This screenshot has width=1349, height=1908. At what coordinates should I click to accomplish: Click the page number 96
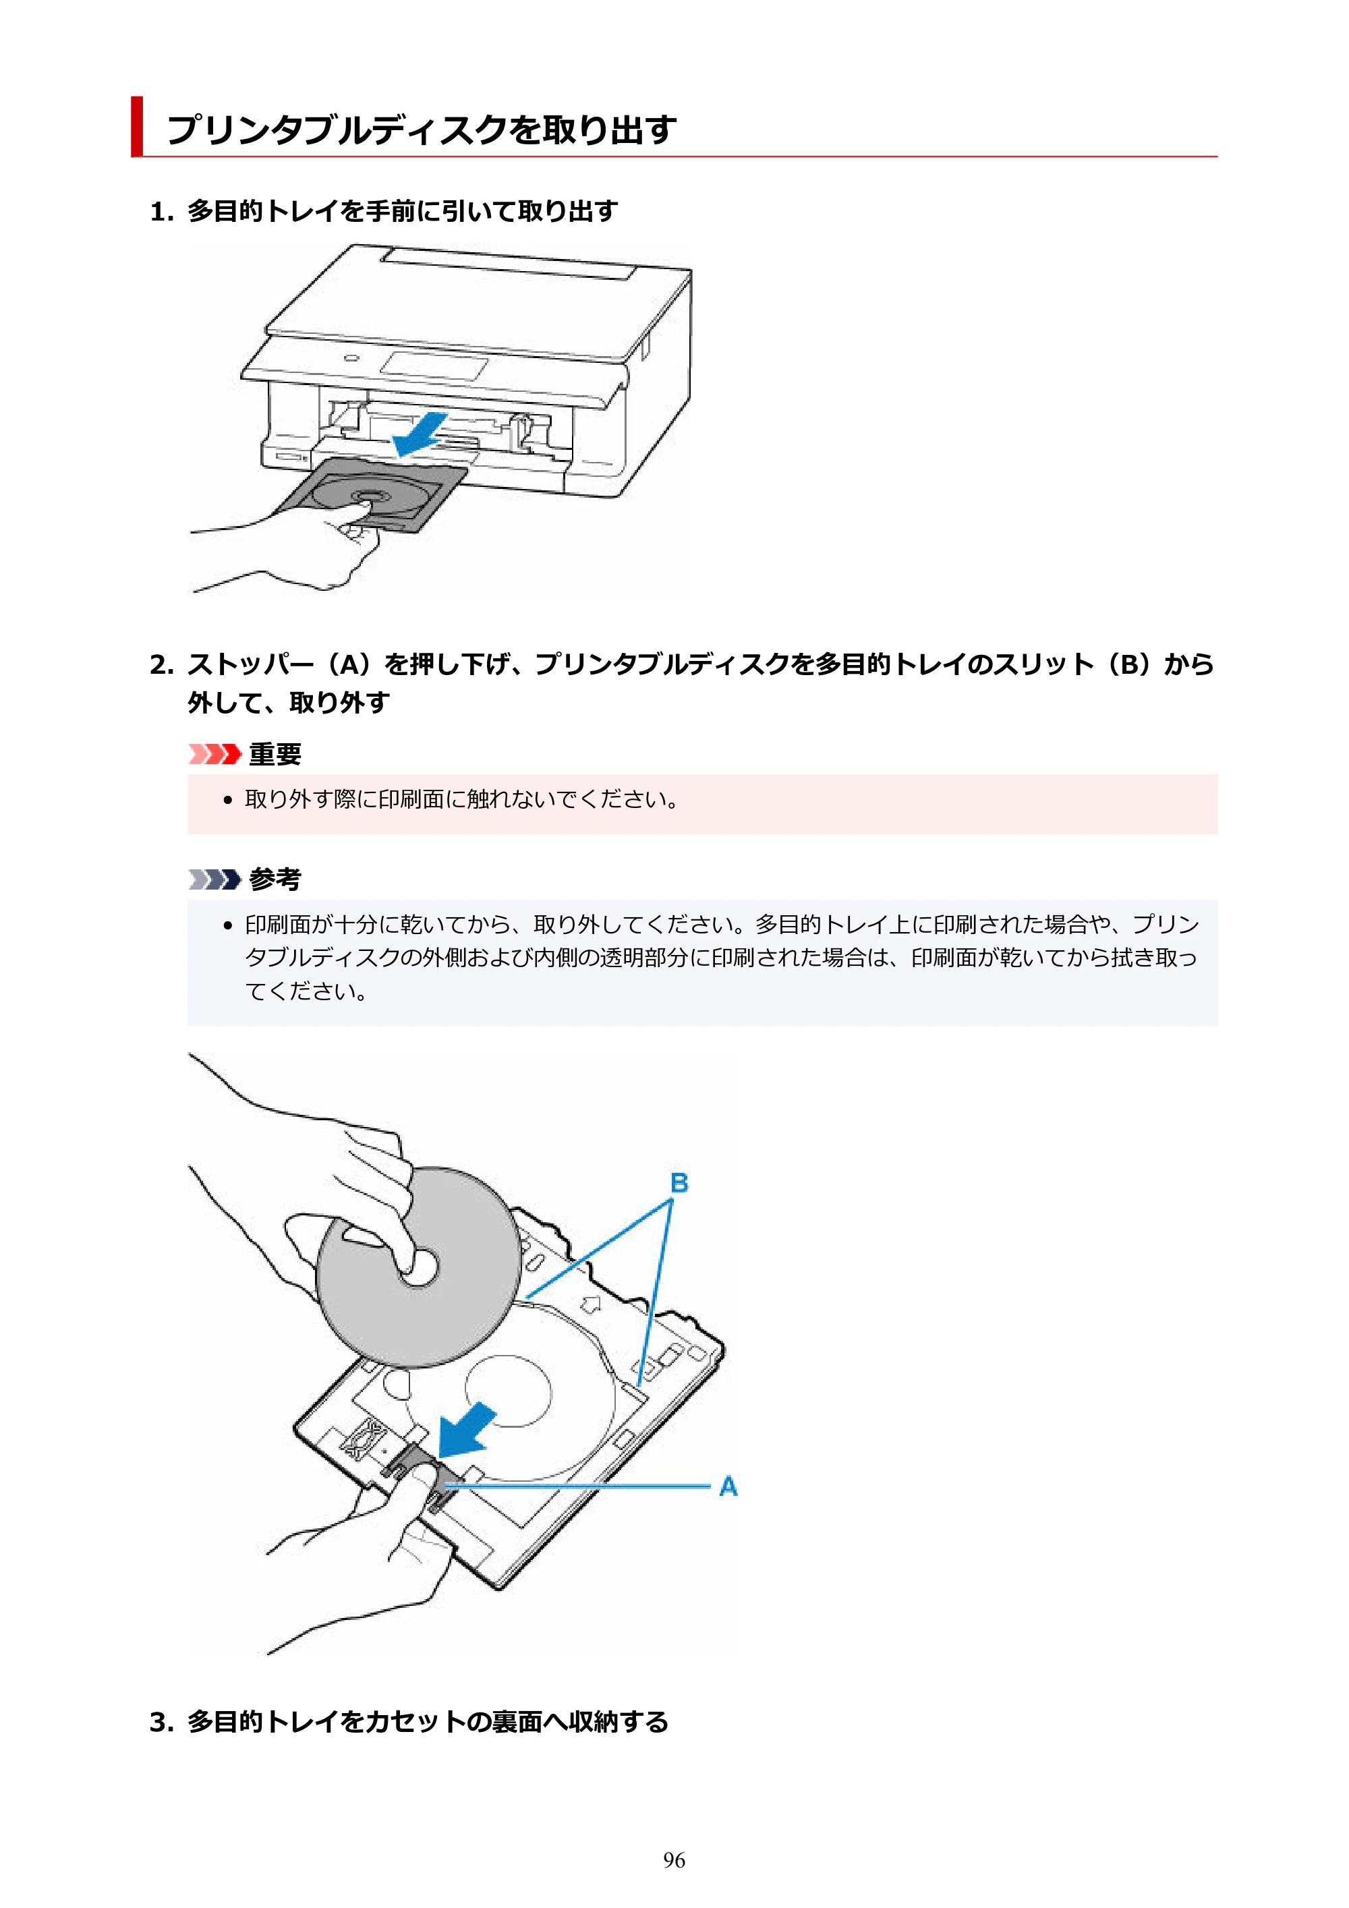click(x=674, y=1860)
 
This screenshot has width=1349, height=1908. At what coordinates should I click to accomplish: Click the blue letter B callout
click(x=679, y=1182)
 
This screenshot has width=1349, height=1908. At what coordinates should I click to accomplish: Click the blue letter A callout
click(x=728, y=1486)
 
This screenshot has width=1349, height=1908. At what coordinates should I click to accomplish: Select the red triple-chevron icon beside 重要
click(x=214, y=754)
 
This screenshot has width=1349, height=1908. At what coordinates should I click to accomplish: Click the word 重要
click(x=275, y=755)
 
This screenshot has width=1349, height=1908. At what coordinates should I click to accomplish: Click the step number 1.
click(x=161, y=212)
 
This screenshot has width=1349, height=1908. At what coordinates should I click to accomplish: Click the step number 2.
click(x=161, y=665)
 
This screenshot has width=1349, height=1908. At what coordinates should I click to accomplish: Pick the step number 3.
click(x=161, y=1723)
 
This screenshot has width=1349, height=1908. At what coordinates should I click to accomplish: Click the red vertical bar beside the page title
click(x=137, y=126)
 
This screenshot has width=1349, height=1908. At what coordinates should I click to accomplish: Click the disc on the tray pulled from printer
click(x=364, y=496)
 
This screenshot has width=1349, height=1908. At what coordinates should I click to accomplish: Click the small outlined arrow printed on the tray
click(x=590, y=1304)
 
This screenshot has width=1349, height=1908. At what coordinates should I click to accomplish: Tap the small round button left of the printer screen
click(x=351, y=359)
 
